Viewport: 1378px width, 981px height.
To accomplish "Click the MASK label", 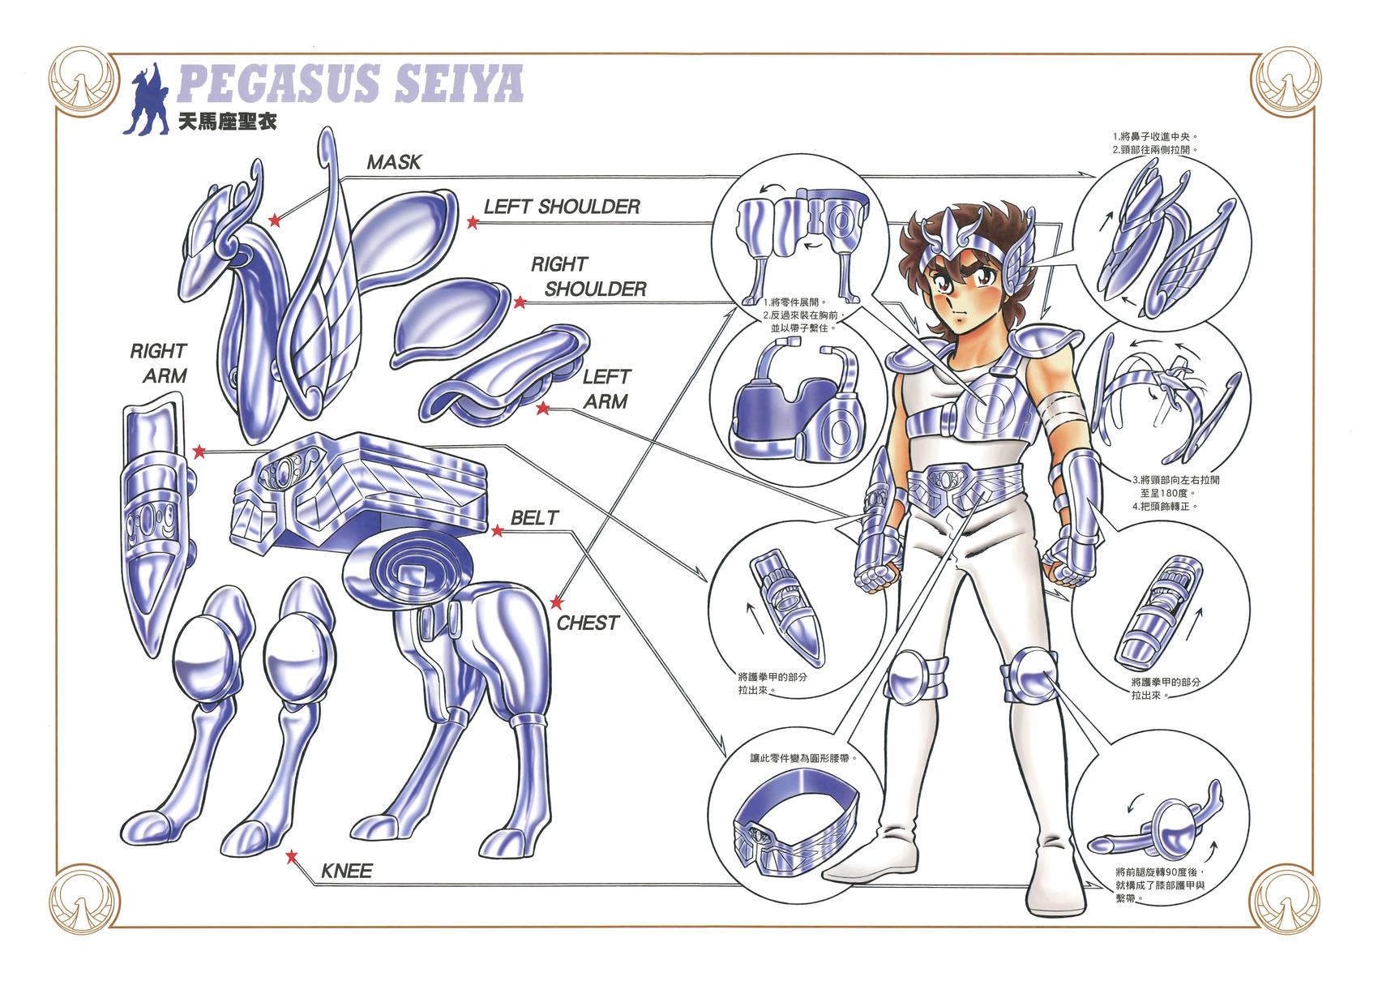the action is tap(394, 162).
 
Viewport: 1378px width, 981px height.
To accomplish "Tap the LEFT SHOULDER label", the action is tap(562, 207).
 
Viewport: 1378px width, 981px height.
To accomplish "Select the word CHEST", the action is tap(588, 623).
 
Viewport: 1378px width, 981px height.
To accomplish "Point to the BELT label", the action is tap(535, 517).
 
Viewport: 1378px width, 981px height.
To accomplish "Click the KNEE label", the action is tap(347, 871).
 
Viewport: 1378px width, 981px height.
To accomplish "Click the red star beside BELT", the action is tap(497, 530).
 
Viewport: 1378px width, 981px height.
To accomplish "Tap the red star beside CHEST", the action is tap(557, 602).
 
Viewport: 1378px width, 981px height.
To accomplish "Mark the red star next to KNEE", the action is tap(292, 856).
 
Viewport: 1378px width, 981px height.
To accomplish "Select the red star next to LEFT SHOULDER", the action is tap(473, 222).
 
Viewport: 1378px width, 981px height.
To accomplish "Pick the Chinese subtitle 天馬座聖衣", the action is tap(228, 122).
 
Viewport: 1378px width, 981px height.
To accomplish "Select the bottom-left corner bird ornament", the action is tap(84, 900).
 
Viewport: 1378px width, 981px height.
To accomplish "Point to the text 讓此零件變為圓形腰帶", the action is tap(802, 758).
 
